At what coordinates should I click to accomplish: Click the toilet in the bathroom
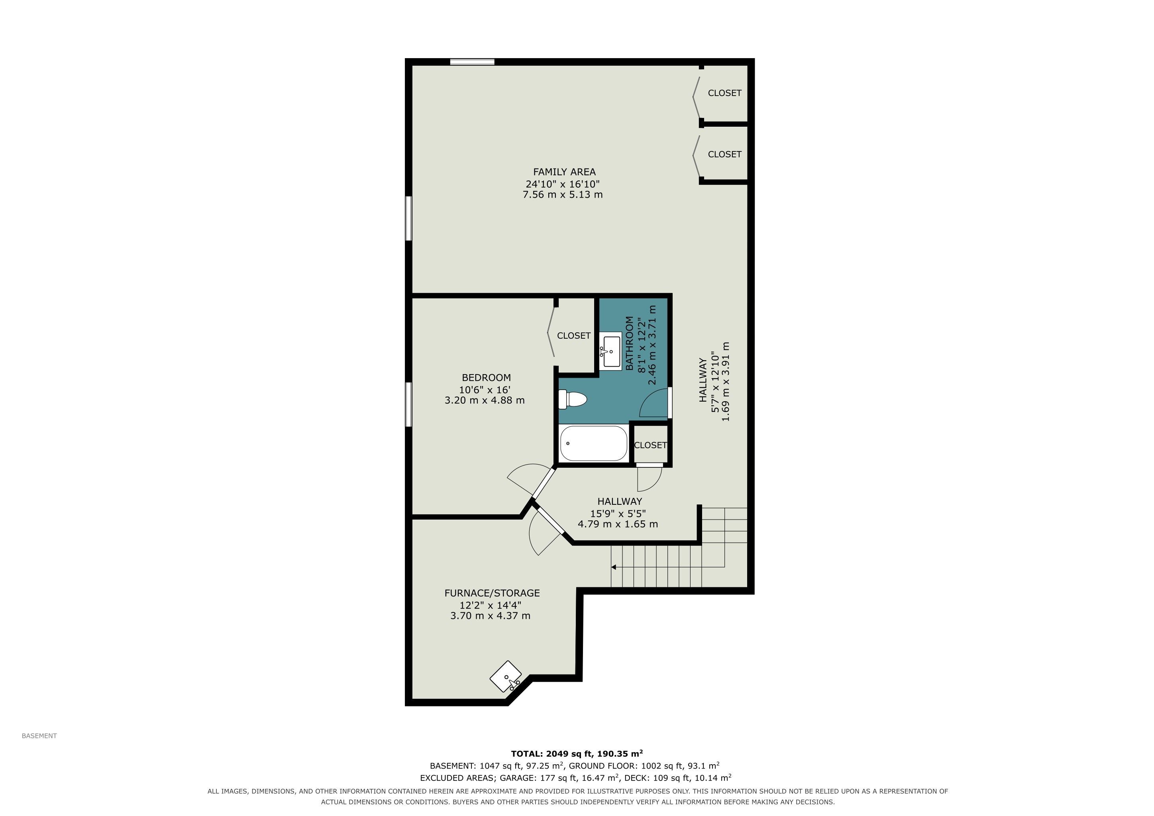pos(573,400)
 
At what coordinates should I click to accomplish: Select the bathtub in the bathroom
pos(594,443)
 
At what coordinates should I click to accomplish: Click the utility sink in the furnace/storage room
pos(506,676)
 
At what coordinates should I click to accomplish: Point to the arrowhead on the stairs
pos(614,567)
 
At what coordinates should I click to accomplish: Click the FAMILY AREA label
pos(564,172)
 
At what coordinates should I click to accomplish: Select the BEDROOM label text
pos(486,377)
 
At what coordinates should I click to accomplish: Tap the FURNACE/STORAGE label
pos(492,593)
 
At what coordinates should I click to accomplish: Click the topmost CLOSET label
pos(724,93)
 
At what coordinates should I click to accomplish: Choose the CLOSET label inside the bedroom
pos(573,335)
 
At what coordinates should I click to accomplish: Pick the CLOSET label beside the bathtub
pos(650,445)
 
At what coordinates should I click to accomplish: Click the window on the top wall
pos(472,62)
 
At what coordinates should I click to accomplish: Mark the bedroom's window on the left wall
pos(408,404)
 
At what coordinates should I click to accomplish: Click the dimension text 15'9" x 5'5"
pos(618,514)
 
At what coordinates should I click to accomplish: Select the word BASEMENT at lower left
pos(39,736)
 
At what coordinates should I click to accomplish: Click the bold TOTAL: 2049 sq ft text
pos(552,754)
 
